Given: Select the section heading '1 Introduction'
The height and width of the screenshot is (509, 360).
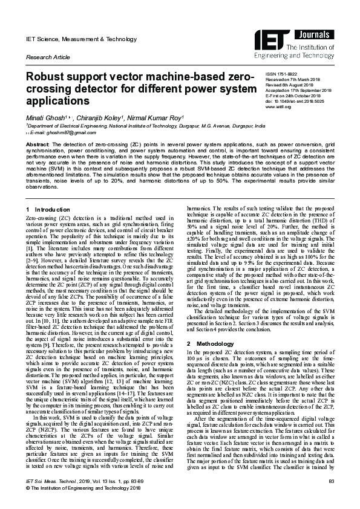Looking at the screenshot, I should coord(44,209).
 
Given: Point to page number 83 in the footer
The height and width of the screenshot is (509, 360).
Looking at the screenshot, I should coord(332,498).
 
